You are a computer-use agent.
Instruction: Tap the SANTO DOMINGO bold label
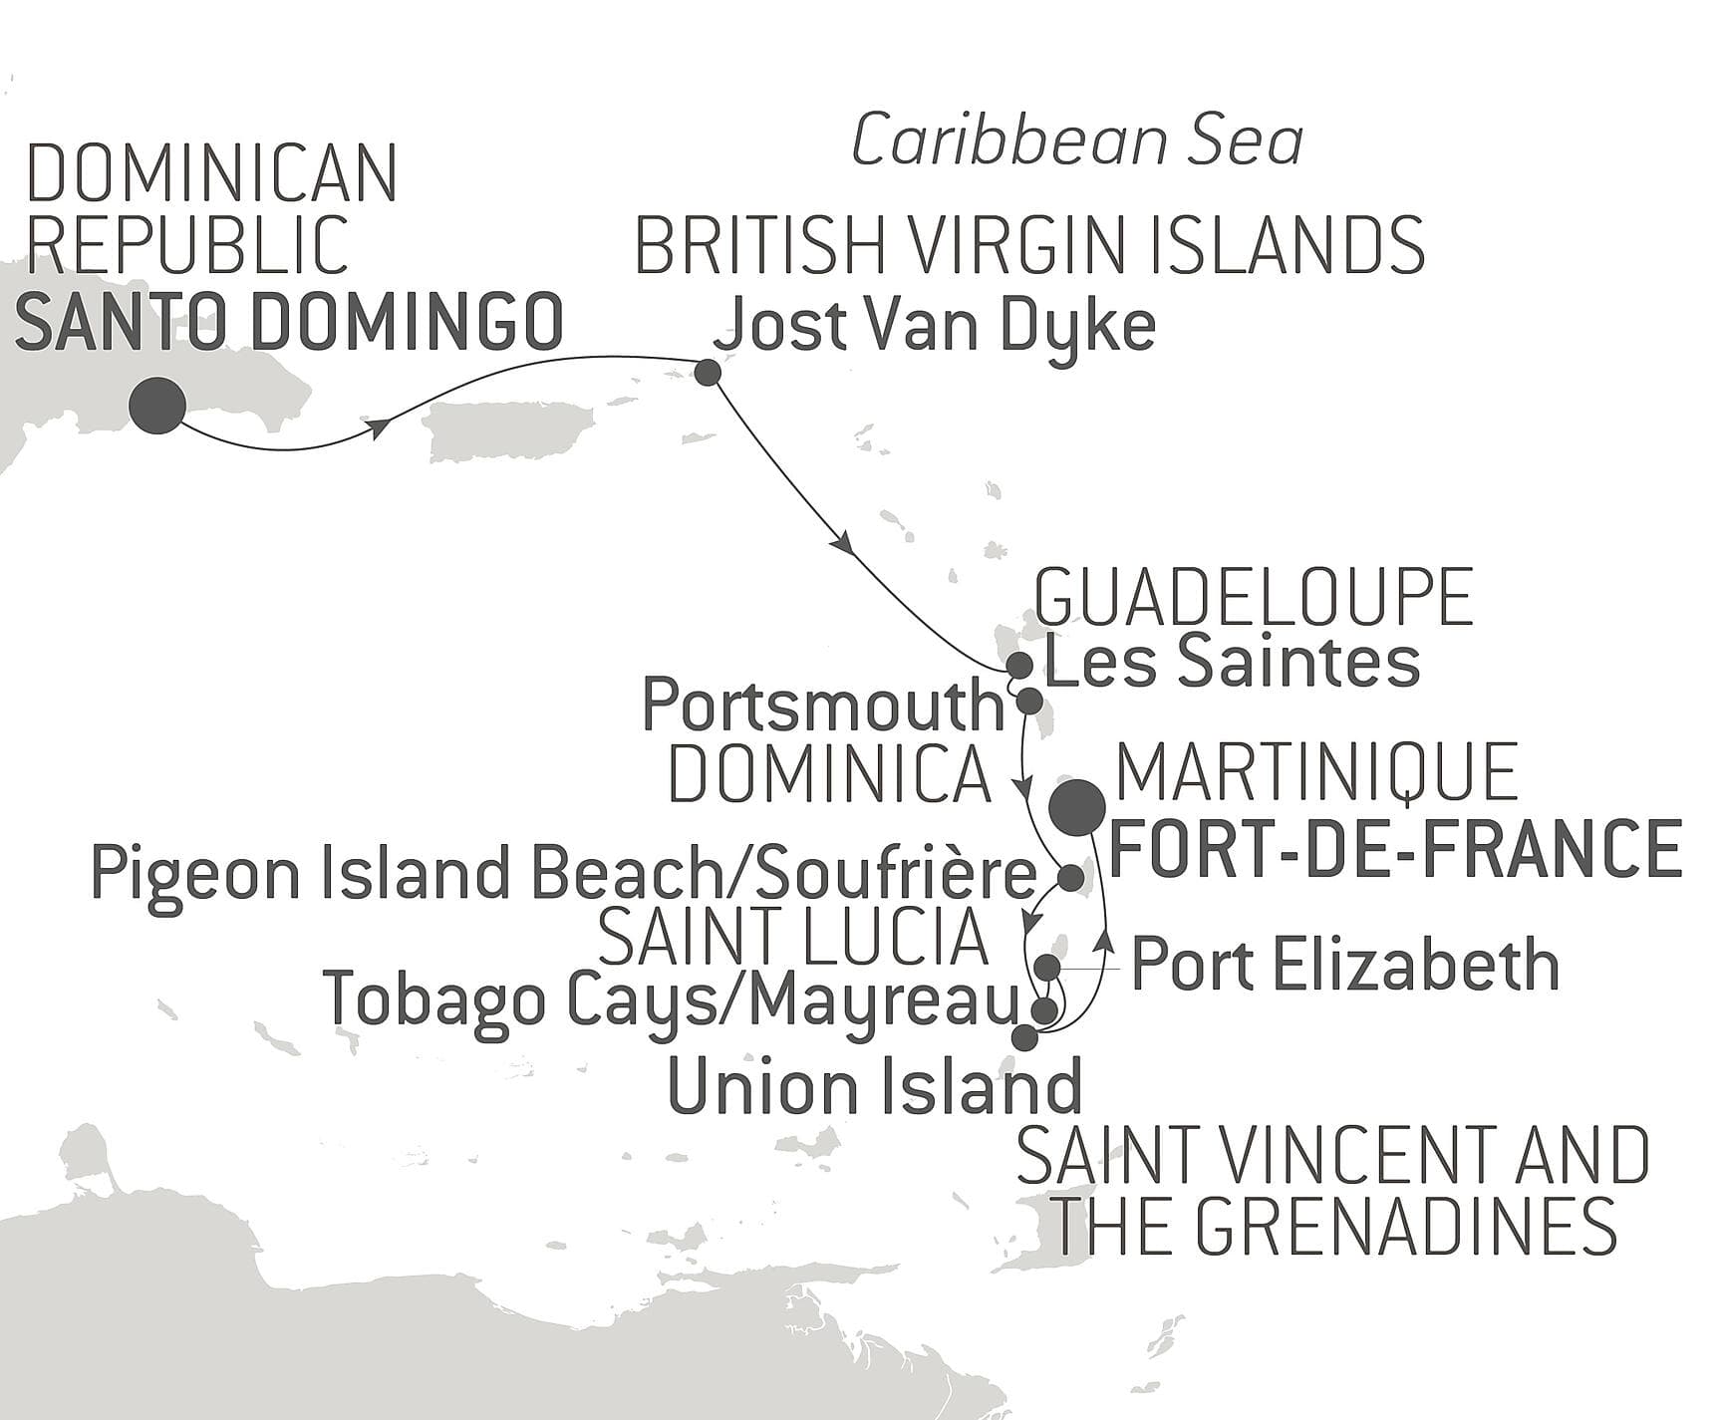point(289,323)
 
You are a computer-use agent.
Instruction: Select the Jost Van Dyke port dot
point(708,373)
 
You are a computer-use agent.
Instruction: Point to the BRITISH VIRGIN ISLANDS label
point(1028,246)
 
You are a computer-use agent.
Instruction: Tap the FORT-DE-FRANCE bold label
point(1395,848)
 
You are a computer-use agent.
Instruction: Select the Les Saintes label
point(1231,663)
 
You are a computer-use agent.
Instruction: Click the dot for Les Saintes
point(1018,664)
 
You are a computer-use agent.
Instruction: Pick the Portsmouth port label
point(823,706)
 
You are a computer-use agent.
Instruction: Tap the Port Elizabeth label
point(1344,965)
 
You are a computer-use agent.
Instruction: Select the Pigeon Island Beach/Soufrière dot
point(1069,878)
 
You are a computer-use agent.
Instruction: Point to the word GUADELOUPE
point(1254,598)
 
